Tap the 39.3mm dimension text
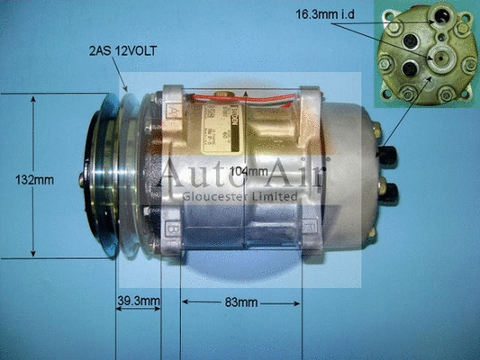click(138, 301)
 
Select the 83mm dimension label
click(240, 301)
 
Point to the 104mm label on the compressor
click(249, 171)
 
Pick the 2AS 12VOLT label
click(122, 51)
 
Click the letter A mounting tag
click(171, 112)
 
